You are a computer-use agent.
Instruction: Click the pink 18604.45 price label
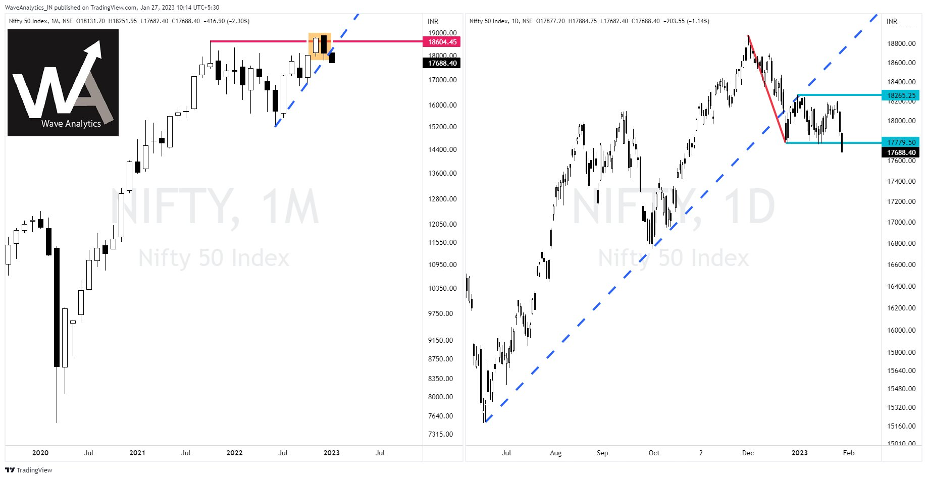442,42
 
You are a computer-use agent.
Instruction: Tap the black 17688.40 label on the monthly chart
442,63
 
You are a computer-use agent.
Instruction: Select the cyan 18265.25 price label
901,95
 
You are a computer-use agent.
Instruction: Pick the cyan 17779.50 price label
901,142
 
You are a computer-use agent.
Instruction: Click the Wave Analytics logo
63,83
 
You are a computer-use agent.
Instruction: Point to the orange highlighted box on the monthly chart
320,46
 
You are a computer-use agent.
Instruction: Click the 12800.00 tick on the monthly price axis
442,199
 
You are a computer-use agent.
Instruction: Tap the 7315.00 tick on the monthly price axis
440,434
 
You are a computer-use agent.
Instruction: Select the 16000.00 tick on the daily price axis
901,330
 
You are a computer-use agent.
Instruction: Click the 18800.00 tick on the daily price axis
901,43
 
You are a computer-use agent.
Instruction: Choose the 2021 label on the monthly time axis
137,453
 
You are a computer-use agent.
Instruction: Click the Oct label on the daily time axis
654,453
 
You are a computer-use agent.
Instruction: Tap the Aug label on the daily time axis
555,453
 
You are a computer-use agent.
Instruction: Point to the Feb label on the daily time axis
849,453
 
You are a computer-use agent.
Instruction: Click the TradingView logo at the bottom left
29,470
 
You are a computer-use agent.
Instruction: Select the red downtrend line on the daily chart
767,89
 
